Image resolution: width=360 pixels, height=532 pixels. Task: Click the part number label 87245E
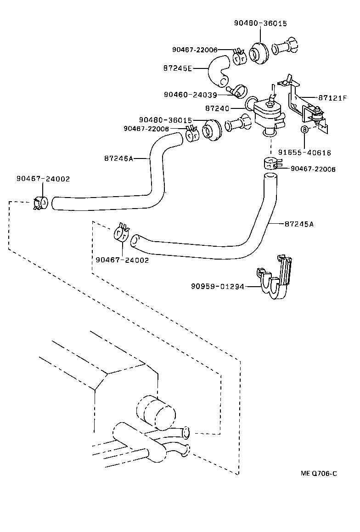click(177, 68)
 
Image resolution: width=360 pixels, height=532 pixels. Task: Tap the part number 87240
click(217, 108)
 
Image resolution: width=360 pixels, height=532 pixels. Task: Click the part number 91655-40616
click(304, 153)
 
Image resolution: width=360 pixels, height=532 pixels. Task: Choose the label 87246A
click(118, 158)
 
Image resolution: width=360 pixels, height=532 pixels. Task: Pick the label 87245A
click(299, 224)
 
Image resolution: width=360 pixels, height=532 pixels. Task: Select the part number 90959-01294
click(217, 286)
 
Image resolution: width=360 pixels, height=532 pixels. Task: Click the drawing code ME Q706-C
click(319, 474)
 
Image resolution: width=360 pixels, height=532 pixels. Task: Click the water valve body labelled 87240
click(269, 115)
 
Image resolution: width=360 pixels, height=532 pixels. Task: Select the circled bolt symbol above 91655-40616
click(304, 130)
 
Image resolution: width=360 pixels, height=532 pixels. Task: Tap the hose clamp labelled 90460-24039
click(239, 91)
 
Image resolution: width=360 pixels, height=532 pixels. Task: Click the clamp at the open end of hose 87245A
click(122, 233)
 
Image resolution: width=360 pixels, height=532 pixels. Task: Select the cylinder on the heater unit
click(157, 411)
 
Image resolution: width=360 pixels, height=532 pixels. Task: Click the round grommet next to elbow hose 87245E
click(259, 53)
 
